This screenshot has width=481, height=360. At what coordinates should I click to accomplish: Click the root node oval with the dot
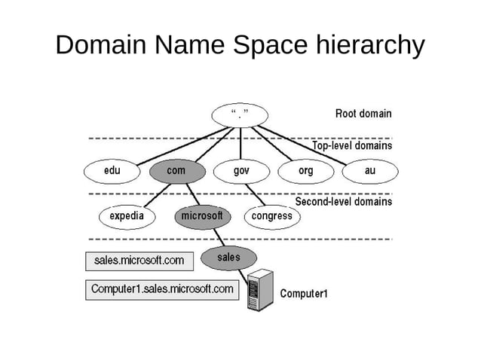click(x=240, y=114)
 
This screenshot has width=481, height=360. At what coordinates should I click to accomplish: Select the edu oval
click(x=111, y=172)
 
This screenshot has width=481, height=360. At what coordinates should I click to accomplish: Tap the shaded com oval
click(x=176, y=172)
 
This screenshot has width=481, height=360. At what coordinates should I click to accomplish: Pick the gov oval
click(x=241, y=172)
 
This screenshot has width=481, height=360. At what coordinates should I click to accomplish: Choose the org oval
click(x=305, y=172)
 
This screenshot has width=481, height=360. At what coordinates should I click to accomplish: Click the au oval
click(x=369, y=172)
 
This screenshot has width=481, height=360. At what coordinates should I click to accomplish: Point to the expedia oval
click(x=127, y=217)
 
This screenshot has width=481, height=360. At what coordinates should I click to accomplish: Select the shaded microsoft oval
click(x=201, y=217)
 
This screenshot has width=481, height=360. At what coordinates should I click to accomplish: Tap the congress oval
click(x=271, y=217)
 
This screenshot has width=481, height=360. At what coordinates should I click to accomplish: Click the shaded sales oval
click(x=228, y=258)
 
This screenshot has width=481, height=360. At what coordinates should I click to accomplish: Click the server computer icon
click(x=261, y=289)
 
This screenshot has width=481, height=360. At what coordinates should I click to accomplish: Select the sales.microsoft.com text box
click(x=139, y=261)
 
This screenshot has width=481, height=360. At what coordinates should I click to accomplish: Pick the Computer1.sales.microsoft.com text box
click(x=162, y=289)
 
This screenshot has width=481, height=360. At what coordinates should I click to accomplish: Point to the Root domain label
click(x=363, y=114)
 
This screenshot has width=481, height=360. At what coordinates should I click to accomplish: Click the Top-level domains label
click(x=352, y=146)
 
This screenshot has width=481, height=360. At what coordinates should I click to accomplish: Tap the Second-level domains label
click(x=344, y=202)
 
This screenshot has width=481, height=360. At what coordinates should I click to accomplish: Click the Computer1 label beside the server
click(x=304, y=294)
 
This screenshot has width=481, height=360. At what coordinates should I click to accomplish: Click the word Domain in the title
click(x=103, y=45)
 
